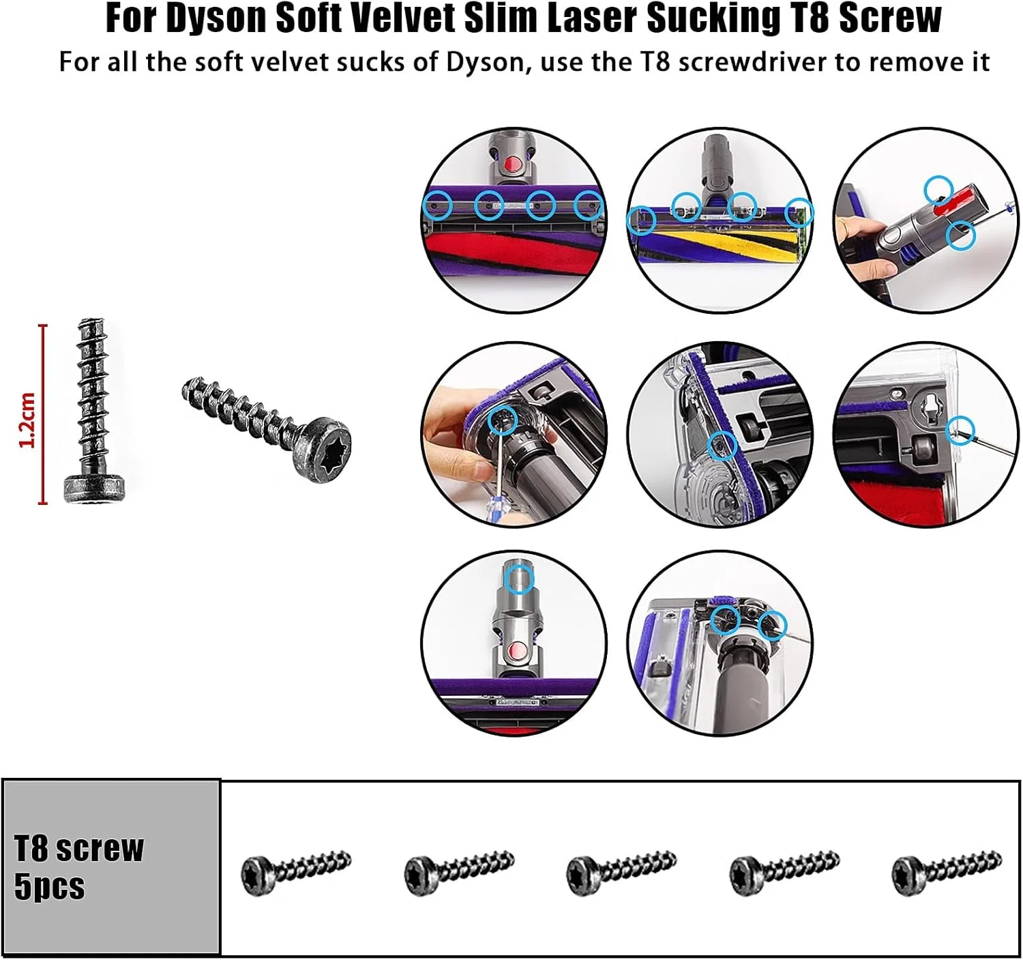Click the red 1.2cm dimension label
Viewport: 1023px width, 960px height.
click(x=27, y=420)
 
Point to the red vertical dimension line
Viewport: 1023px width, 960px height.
click(x=43, y=414)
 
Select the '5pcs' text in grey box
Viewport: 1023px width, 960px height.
click(x=50, y=887)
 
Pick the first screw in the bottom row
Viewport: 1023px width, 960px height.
click(x=296, y=873)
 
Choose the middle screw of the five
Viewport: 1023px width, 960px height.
click(x=621, y=873)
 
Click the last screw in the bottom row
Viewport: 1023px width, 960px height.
click(x=947, y=873)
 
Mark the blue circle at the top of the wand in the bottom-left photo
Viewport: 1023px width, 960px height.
click(x=520, y=579)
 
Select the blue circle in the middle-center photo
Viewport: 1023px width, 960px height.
click(x=722, y=445)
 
